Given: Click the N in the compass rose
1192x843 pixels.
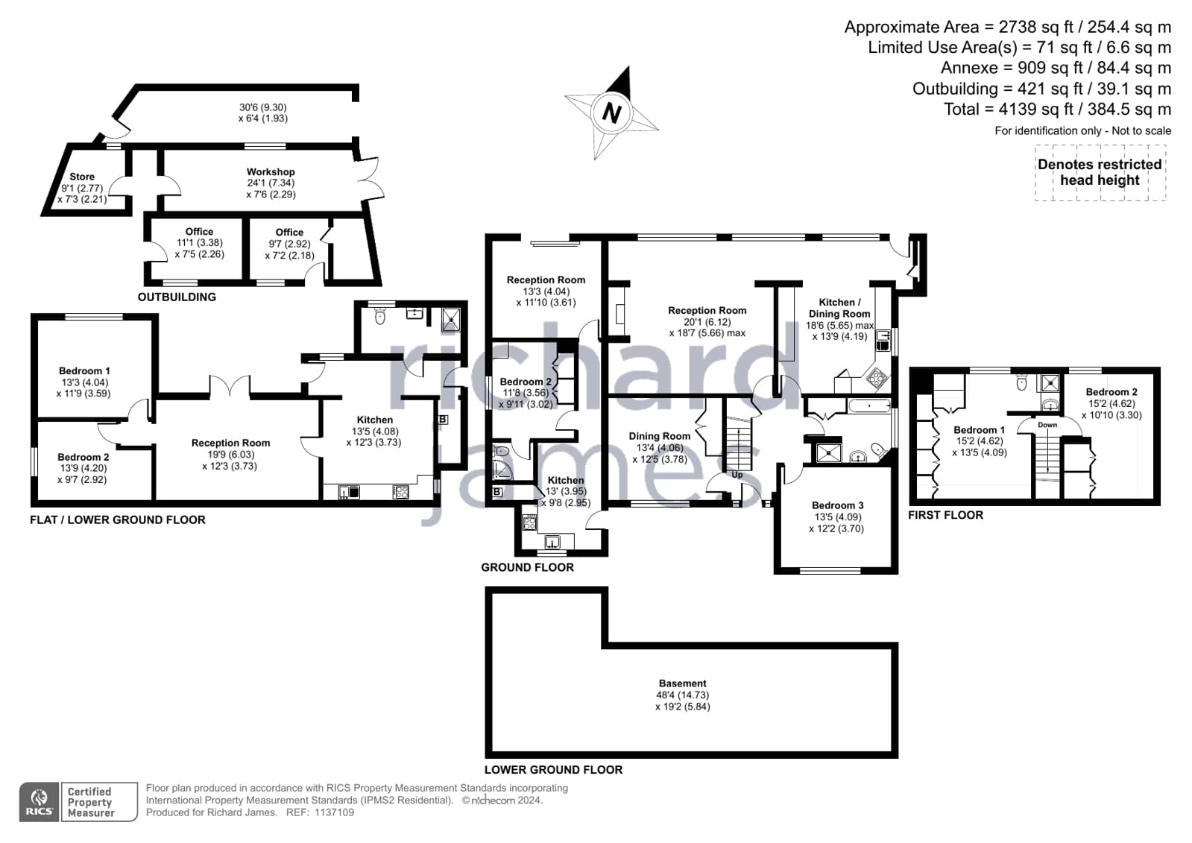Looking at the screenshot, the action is coord(611,113).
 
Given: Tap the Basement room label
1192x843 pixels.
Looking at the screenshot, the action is coord(683,683).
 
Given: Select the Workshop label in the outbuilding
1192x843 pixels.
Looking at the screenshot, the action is coord(271,172).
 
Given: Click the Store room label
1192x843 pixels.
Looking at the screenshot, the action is coord(82,177).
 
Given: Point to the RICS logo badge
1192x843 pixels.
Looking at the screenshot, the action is coord(39,802).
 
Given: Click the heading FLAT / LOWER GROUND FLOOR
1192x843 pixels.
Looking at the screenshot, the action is coord(118,520).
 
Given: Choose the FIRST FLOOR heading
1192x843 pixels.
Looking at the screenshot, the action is coord(945,515).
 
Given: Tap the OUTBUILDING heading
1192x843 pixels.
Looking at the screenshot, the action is coord(177,297).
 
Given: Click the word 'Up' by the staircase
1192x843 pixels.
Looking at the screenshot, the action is coord(737,475).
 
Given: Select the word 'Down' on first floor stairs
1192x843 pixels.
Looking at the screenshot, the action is coord(1047,425).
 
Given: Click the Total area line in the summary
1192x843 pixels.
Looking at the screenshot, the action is coord(1057,109).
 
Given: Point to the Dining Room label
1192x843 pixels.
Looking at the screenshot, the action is coord(659,436).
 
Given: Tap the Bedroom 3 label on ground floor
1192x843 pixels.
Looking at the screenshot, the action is coord(838,505).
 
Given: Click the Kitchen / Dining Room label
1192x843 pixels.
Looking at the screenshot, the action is coord(839,308).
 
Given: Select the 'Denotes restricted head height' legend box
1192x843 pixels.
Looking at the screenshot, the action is coord(1100,172).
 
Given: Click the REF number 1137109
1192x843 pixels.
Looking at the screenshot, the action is coord(334,812).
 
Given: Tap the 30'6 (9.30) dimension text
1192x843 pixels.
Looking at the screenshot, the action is coord(263,107).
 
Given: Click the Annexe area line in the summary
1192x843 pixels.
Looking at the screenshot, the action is coord(1056,68).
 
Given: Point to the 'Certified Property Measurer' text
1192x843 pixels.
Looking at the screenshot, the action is coord(91,802).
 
